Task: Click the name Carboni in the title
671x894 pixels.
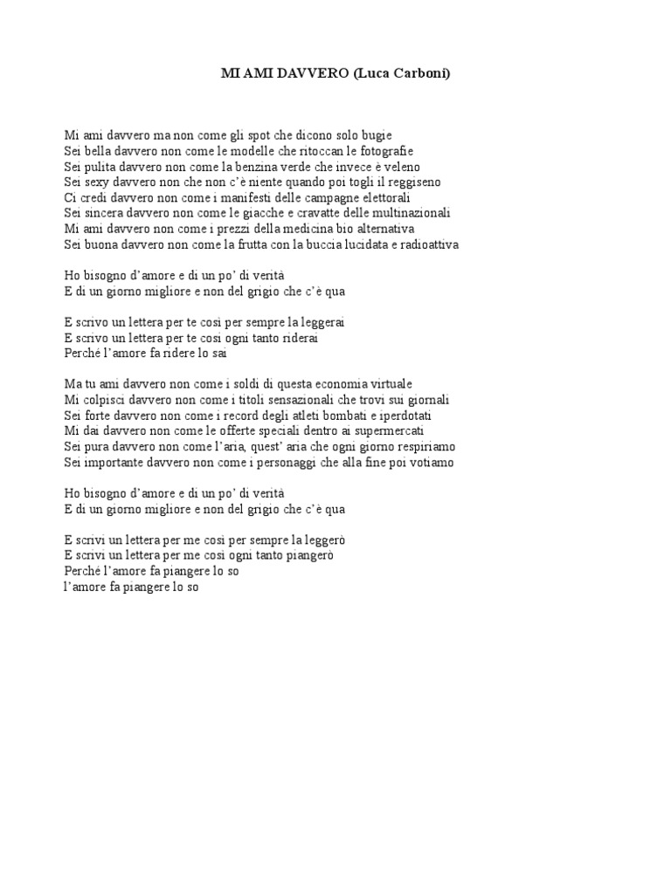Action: tap(419, 75)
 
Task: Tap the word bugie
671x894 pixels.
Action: tap(377, 135)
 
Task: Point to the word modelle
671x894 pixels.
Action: tap(246, 151)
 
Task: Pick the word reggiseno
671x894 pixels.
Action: tap(412, 182)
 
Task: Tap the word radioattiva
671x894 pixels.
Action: tap(425, 244)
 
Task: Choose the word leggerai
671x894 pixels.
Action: tap(323, 322)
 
